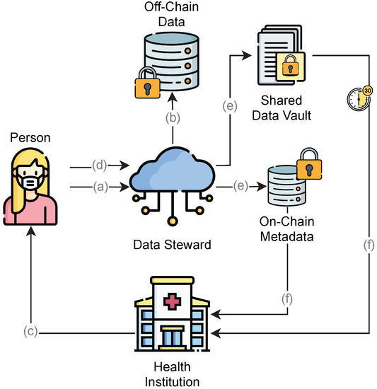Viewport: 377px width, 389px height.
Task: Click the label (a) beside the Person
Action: pyautogui.click(x=99, y=187)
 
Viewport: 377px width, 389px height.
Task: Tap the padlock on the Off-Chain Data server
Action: pyautogui.click(x=148, y=87)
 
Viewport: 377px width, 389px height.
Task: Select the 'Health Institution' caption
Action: pyautogui.click(x=171, y=373)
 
